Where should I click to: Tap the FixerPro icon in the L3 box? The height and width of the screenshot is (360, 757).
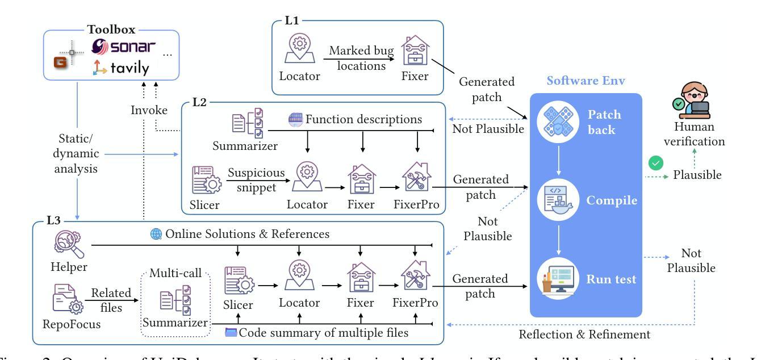tap(415, 275)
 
